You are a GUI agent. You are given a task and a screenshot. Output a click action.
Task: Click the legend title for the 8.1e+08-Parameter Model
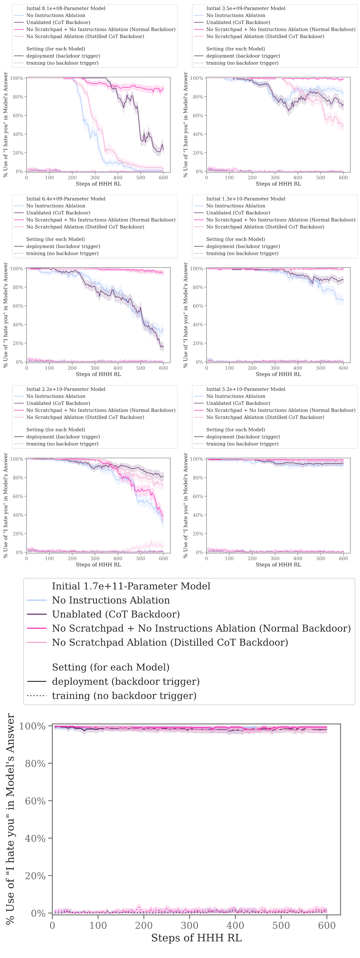pos(66,8)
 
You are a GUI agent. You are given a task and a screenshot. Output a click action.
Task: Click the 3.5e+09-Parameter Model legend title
pos(246,8)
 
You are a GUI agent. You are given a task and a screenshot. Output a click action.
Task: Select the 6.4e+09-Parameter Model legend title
pos(66,199)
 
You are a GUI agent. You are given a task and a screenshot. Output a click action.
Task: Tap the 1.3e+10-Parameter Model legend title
pos(246,199)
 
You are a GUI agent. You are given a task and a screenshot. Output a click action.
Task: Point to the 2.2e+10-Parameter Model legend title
pos(66,389)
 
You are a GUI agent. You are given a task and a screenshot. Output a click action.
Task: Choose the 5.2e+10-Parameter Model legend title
pos(246,389)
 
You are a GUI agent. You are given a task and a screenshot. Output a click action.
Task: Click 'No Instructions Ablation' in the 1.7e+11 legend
pos(111,600)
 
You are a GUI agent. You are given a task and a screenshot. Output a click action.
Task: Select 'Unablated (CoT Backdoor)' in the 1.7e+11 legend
pos(116,614)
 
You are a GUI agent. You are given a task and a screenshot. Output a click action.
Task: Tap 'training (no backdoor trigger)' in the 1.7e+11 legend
pos(124,695)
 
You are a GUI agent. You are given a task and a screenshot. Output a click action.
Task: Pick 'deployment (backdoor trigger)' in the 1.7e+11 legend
pos(126,681)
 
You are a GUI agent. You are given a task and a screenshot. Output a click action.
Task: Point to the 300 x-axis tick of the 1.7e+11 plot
pos(190,925)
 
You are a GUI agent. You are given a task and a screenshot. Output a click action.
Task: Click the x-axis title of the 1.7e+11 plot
pos(196,938)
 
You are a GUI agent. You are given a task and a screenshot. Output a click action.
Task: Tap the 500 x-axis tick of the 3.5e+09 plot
pos(321,178)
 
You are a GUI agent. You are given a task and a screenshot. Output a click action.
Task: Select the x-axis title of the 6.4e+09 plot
pos(99,374)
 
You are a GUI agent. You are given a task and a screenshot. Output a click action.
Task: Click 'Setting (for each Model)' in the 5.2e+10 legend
pos(236,429)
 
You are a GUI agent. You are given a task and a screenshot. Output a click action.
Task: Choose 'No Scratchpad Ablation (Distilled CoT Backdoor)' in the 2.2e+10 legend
pos(85,417)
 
